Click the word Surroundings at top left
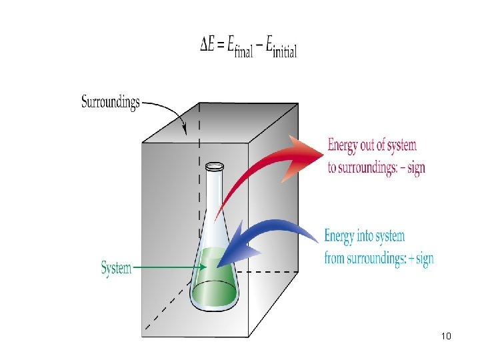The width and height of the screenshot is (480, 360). (x=111, y=102)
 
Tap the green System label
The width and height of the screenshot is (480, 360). (x=116, y=268)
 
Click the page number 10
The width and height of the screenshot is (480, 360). (x=446, y=335)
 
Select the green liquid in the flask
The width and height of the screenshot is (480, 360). (x=215, y=283)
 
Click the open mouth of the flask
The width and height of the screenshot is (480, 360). (x=214, y=165)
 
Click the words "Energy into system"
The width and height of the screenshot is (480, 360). (x=364, y=236)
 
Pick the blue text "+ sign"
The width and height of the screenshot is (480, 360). (x=419, y=259)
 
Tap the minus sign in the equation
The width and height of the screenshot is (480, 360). (x=261, y=45)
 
